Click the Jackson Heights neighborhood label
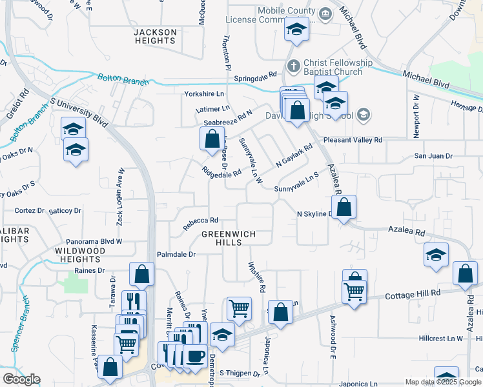155,36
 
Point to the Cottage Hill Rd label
413,293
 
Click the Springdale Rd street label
255,75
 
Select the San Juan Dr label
433,156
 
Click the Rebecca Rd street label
200,223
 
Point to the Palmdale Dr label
174,254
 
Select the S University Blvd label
78,112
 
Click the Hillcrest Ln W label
440,338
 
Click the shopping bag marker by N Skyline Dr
345,208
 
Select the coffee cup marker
194,355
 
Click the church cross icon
294,66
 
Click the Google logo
21,379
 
